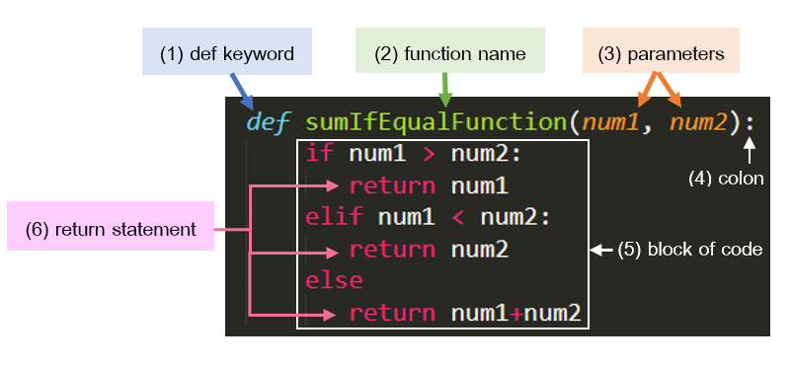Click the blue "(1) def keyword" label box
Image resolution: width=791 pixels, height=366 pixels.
(227, 54)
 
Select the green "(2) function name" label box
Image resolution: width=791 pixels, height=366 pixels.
(449, 54)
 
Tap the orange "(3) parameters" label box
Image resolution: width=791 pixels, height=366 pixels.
(661, 54)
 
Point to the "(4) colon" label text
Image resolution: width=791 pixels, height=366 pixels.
(726, 179)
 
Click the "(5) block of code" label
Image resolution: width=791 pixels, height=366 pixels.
(690, 250)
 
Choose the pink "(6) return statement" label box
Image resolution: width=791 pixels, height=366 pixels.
(111, 229)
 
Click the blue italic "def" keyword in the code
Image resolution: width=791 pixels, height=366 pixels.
(269, 122)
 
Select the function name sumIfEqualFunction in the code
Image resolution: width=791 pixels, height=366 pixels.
(433, 122)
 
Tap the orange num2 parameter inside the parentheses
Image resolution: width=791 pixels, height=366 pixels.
(699, 122)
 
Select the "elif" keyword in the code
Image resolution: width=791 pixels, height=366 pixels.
(334, 217)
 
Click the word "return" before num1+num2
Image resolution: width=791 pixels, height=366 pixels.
(392, 314)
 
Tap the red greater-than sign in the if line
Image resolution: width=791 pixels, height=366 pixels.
(429, 153)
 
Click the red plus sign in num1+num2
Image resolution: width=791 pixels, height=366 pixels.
(515, 314)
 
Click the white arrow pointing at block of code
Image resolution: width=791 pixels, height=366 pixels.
(601, 251)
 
